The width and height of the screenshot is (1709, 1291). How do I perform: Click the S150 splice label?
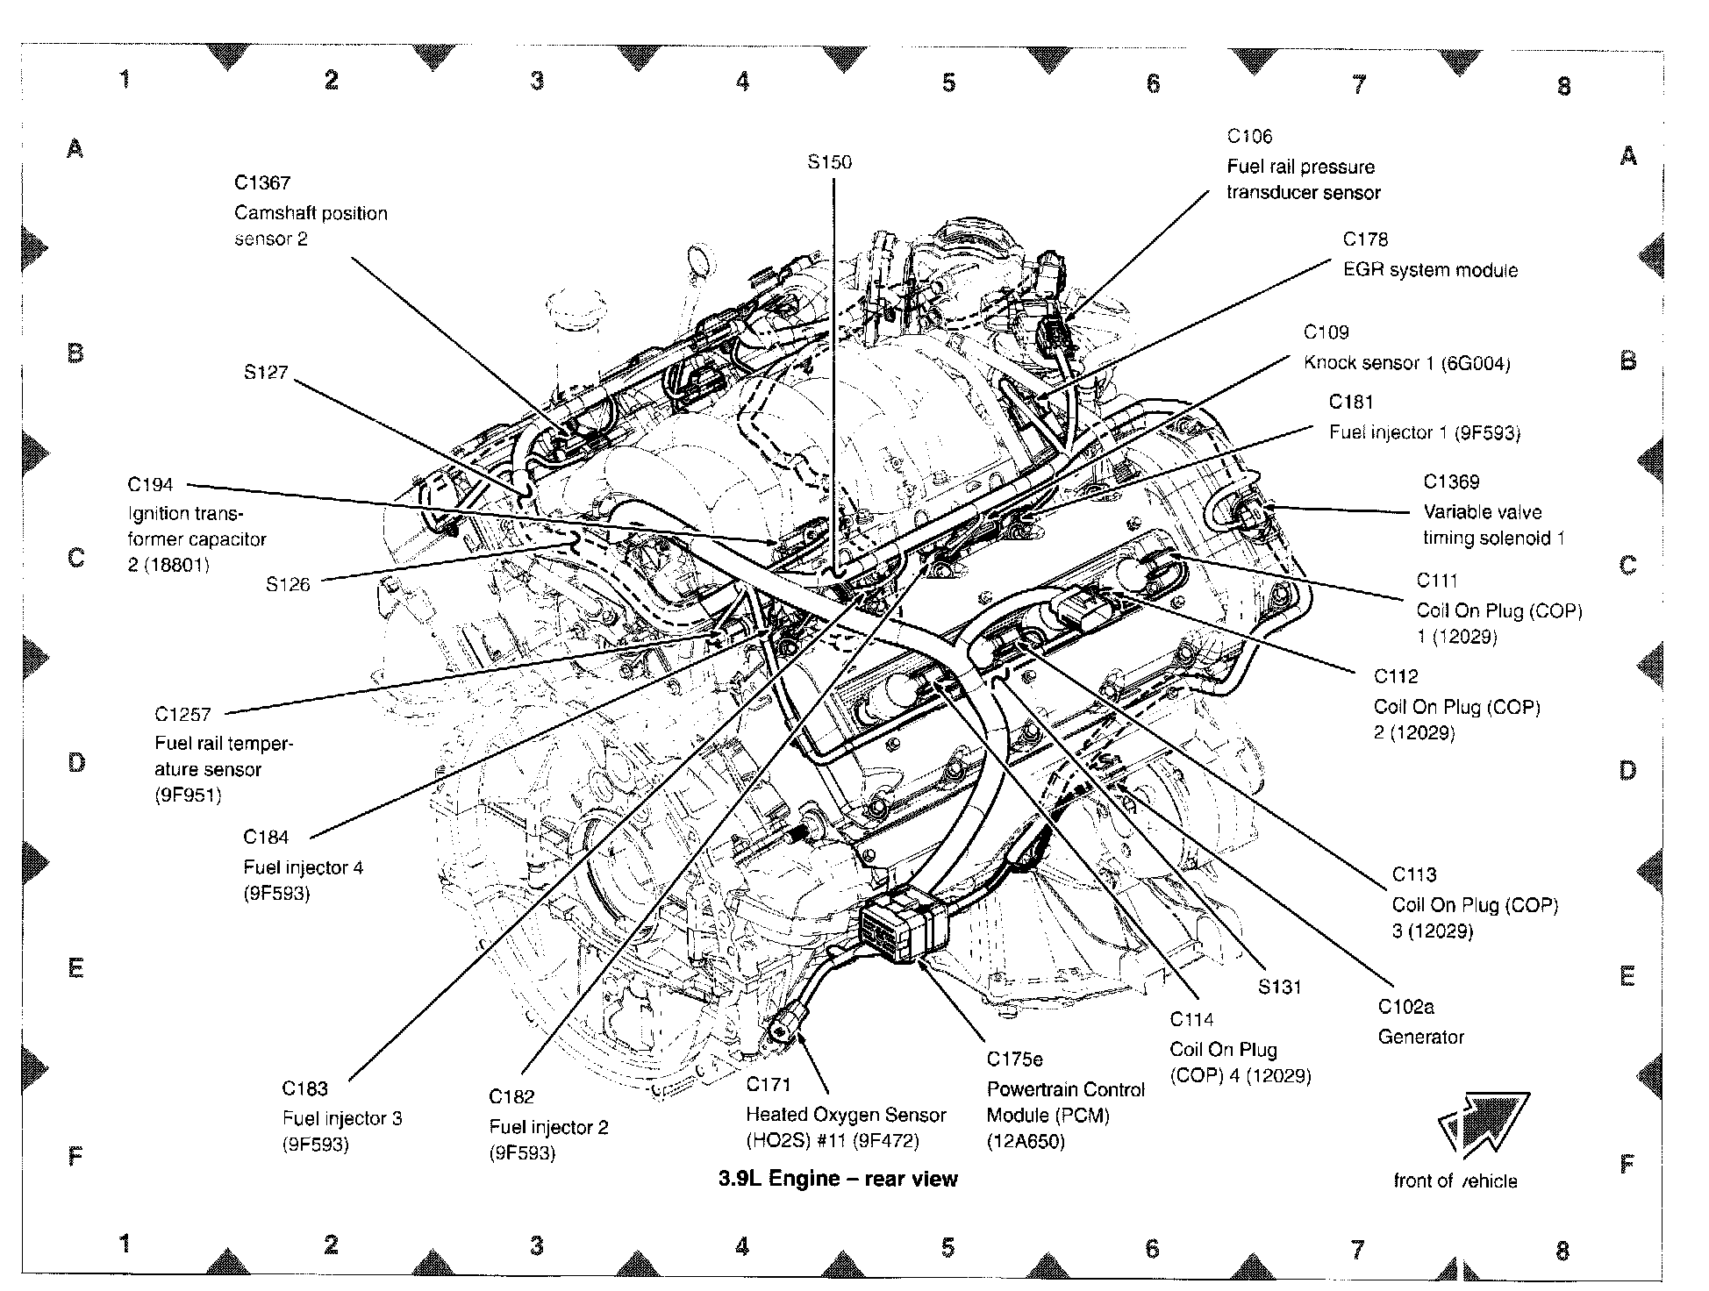[829, 162]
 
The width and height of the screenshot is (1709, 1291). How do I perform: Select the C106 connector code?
[1249, 136]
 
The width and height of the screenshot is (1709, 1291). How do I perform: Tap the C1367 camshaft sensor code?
[261, 182]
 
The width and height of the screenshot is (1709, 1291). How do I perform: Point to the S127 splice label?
[266, 372]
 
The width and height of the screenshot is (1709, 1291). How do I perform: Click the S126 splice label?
[288, 584]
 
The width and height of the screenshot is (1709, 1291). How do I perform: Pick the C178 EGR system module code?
[1365, 239]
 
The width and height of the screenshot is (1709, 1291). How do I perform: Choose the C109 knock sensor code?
[1326, 332]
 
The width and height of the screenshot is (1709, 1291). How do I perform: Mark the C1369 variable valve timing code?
[1451, 481]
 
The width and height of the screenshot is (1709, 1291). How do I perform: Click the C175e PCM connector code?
[1014, 1059]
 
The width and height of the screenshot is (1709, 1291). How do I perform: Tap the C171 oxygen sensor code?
[769, 1085]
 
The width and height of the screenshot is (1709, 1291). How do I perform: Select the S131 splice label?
[1280, 987]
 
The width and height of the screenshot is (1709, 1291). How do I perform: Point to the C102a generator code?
[1405, 1007]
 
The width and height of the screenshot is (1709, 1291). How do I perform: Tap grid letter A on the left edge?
[75, 148]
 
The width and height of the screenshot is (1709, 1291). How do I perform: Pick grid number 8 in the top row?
[1563, 86]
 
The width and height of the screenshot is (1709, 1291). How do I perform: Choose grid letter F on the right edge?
[1627, 1164]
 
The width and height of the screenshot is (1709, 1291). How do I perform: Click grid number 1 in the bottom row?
[125, 1243]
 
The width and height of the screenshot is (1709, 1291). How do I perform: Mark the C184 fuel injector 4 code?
[266, 837]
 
